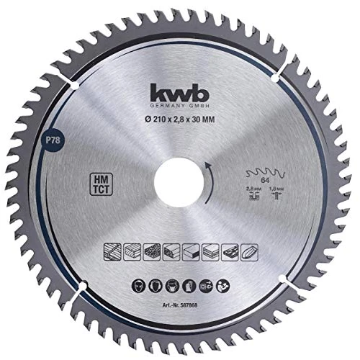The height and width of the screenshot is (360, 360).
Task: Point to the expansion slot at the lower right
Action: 282,279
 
